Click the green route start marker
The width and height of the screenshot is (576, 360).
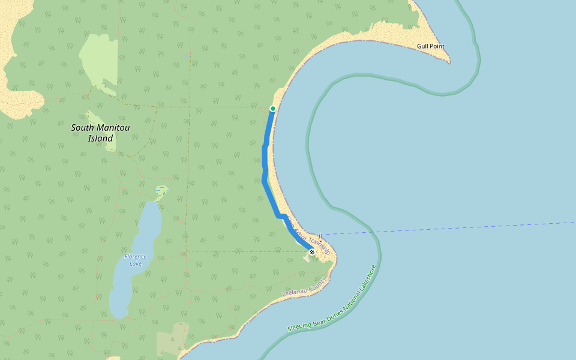click(x=273, y=109)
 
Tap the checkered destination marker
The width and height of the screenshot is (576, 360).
click(x=312, y=252)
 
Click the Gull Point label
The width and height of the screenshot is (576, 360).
click(x=431, y=46)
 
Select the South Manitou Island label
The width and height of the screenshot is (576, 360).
click(x=100, y=133)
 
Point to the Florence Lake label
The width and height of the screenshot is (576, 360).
click(x=136, y=260)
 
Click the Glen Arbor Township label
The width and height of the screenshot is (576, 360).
click(x=308, y=235)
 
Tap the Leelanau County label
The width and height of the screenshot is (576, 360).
click(x=304, y=287)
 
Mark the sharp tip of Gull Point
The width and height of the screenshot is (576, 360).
click(x=449, y=62)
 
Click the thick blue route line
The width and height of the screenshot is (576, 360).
click(x=265, y=168)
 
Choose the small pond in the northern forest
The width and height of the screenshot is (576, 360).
click(x=187, y=55)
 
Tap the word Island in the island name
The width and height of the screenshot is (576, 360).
click(x=100, y=139)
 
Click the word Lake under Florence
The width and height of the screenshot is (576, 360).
click(x=136, y=263)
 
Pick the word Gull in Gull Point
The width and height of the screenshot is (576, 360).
click(x=424, y=46)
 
